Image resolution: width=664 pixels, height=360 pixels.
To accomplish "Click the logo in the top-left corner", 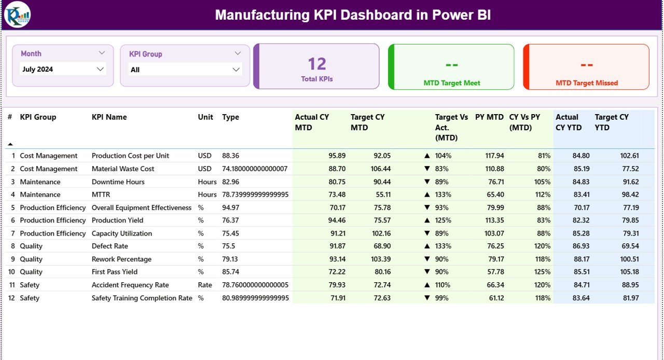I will coord(17,15).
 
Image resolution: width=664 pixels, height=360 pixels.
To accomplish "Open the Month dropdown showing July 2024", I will coord(63,69).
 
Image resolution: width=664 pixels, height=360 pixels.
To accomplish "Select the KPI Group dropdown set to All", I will coord(185,70).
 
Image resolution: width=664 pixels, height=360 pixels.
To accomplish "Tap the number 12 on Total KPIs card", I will coord(317,64).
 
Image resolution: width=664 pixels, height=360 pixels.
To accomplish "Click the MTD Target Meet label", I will coord(452,83).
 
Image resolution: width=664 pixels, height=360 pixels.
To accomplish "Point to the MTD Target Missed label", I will coord(587,83).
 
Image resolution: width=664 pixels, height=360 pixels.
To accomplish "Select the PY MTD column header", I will coord(489,117).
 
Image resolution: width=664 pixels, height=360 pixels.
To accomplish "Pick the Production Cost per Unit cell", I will coord(130,156).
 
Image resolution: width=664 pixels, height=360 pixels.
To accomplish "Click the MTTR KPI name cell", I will coord(101,195).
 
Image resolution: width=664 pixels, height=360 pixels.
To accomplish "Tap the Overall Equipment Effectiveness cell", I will coord(142,207).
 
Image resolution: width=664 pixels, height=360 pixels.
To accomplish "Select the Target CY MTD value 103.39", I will coord(379,259).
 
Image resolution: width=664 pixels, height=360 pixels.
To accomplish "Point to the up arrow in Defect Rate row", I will coord(427,246).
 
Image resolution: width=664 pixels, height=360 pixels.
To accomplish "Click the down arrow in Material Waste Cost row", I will coord(427,169).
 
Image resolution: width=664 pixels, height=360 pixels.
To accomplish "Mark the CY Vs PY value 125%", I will coord(542,272).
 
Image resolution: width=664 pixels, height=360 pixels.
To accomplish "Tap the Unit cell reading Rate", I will coord(205,285).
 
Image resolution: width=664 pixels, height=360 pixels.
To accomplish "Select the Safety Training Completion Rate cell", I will coord(142,298).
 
